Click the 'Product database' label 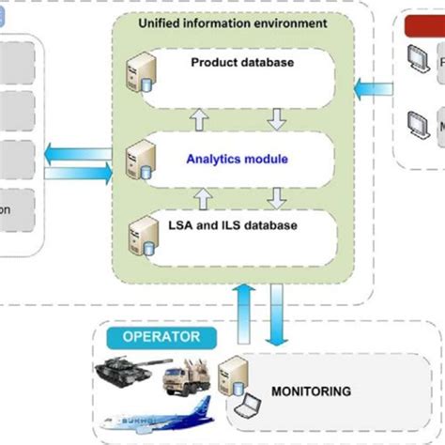[242, 63]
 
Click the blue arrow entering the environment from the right [373, 87]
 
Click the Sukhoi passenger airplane [160, 414]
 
